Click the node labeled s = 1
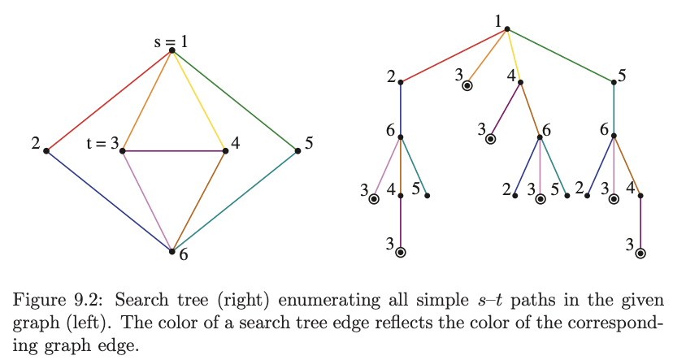[x=172, y=50]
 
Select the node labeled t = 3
[x=123, y=150]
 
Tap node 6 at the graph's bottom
[x=172, y=251]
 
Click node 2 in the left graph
[x=47, y=150]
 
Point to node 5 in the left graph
[x=297, y=150]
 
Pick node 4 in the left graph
[x=225, y=150]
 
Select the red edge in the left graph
[x=110, y=100]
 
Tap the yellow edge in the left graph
[x=199, y=101]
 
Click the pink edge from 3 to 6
[x=147, y=201]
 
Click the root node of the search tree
[x=506, y=29]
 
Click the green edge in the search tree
[x=561, y=55]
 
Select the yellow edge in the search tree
[x=514, y=55]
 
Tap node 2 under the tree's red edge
[x=401, y=82]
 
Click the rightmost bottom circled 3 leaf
[x=640, y=253]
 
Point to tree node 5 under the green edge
[x=614, y=82]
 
